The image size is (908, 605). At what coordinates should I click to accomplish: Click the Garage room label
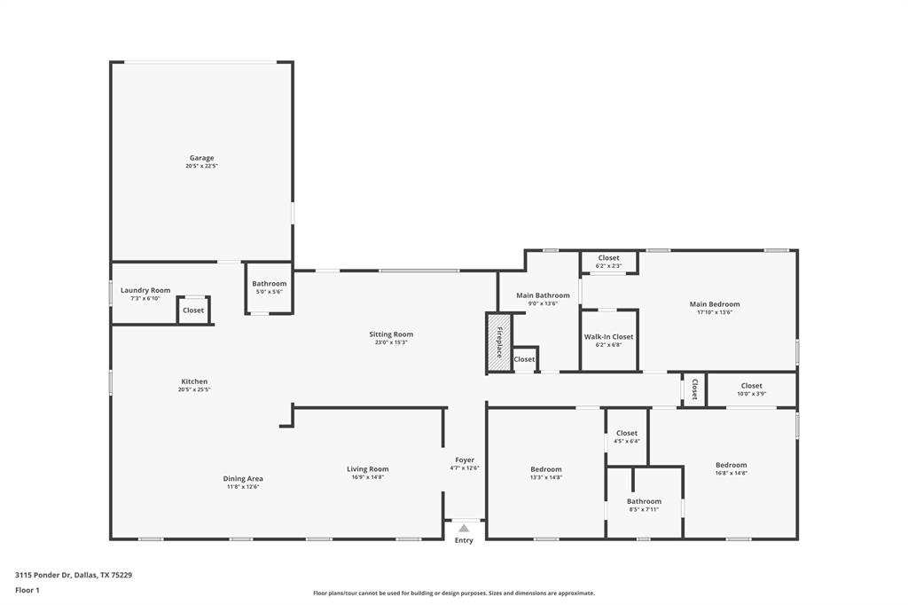point(201,158)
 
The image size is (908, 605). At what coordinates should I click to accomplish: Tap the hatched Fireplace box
point(499,342)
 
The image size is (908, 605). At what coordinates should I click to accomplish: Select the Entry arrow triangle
point(464,528)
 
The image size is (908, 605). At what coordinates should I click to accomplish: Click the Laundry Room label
point(145,290)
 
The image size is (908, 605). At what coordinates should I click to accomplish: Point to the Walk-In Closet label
point(608,337)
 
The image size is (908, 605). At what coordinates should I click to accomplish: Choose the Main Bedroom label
point(714,304)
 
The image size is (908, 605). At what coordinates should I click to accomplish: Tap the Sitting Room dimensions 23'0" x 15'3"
point(391,342)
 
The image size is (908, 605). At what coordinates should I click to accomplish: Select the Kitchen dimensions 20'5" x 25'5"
point(194,389)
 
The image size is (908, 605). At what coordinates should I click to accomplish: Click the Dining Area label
point(243,479)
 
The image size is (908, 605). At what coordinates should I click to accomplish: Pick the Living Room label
point(367,469)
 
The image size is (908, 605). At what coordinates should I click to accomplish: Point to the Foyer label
point(465,460)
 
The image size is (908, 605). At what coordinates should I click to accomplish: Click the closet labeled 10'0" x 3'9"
point(751,389)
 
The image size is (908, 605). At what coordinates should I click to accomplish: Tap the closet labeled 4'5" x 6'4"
point(626,436)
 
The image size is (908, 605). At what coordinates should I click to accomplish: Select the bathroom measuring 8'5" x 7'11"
point(644,505)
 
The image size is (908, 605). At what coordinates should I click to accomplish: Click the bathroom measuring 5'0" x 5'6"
point(269,287)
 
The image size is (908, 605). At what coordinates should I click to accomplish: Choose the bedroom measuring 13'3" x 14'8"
point(546,473)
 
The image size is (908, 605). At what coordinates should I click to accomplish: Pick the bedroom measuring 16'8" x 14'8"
point(732,468)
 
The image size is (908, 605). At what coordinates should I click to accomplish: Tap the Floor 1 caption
point(27,590)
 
